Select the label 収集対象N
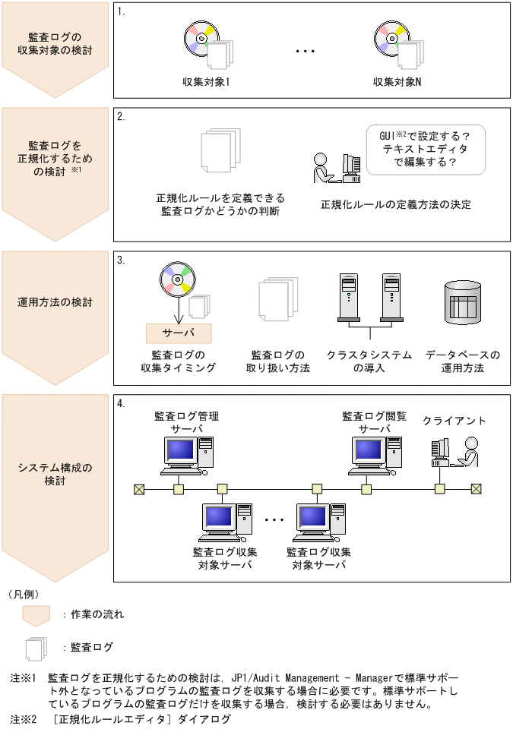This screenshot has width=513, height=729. pos(397,81)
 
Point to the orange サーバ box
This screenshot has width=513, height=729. pos(179,333)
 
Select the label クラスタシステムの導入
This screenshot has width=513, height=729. pos(369,361)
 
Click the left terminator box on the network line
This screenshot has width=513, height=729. pos(139,489)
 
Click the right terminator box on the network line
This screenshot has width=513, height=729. pos(477,489)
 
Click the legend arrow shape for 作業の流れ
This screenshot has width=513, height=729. pos(36,615)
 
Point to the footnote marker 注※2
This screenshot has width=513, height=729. pos(23,718)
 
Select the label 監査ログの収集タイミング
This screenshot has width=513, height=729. pos(179,361)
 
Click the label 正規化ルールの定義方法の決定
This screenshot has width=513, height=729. pos(396,205)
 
